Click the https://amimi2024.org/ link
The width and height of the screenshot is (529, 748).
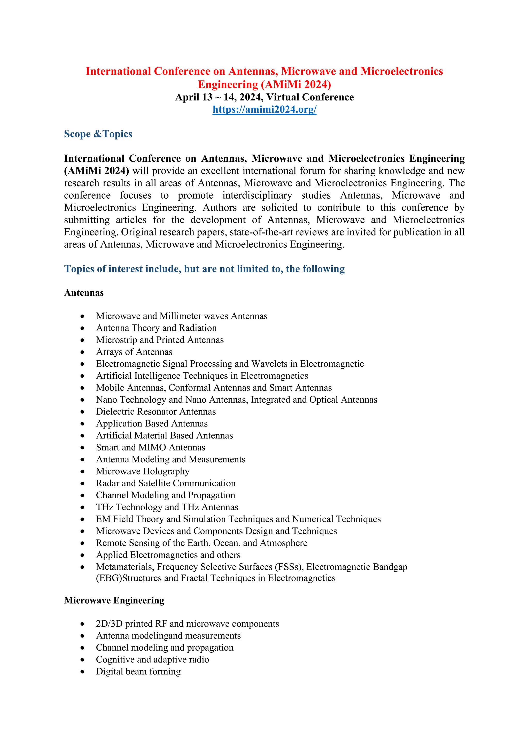(x=264, y=110)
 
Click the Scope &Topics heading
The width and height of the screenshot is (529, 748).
(x=98, y=134)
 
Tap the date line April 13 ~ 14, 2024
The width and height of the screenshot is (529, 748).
(x=264, y=97)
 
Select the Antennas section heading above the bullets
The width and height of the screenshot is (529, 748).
(x=84, y=293)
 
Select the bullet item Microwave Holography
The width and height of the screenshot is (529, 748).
(x=143, y=471)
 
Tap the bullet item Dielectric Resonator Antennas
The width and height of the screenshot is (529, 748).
(x=156, y=411)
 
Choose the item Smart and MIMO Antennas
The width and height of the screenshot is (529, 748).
(x=151, y=447)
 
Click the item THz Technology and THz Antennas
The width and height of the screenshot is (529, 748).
(x=167, y=507)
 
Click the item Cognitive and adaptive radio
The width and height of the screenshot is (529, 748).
(x=152, y=659)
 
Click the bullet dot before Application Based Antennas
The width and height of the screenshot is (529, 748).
(x=82, y=424)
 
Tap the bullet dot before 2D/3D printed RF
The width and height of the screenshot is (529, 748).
(x=82, y=624)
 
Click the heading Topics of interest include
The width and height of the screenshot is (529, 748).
(x=204, y=269)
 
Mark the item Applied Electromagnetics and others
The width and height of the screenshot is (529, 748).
(x=168, y=555)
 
